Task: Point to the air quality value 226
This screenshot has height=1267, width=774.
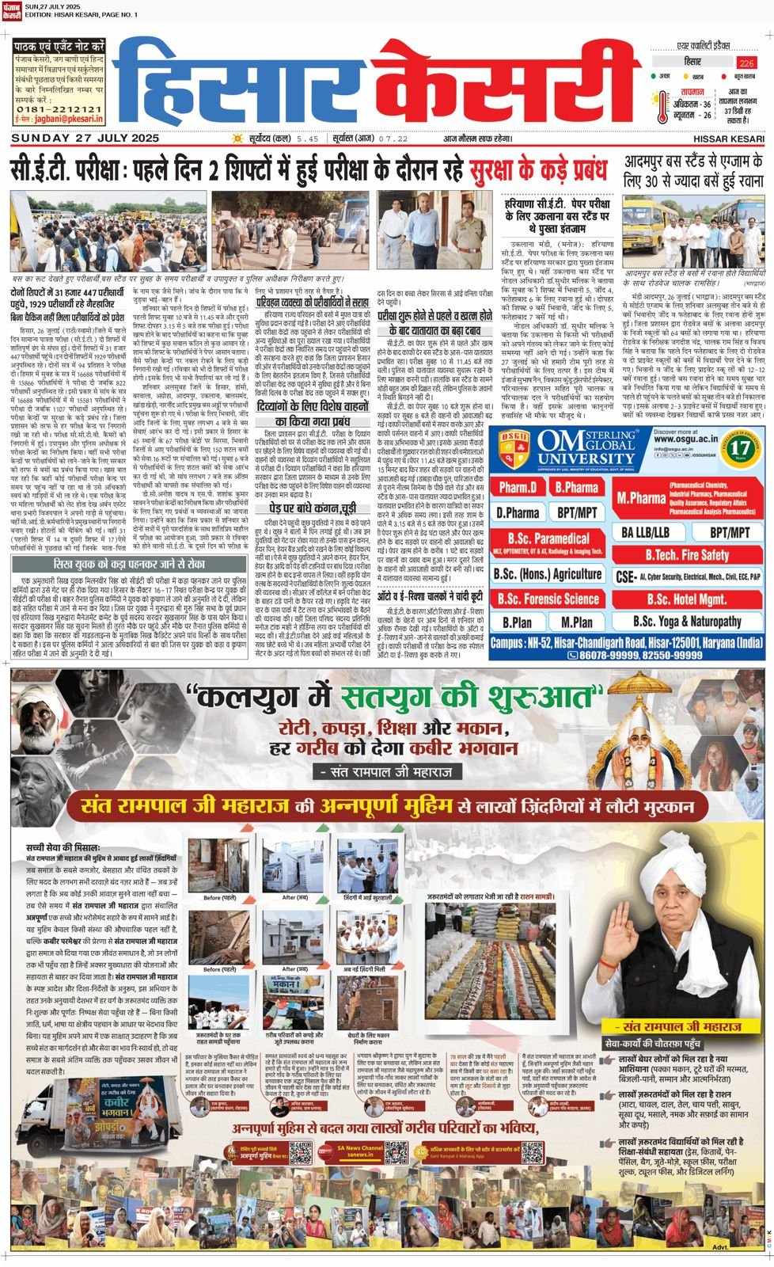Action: coord(746,63)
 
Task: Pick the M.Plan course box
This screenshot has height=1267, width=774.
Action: coord(576,622)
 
